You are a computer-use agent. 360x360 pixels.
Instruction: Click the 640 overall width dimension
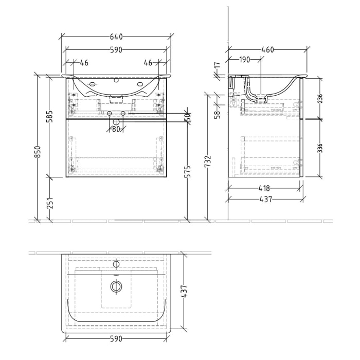tap(116, 37)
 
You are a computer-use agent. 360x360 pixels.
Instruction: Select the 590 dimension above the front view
tap(116, 50)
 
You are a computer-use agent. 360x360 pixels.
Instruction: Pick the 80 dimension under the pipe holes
tap(116, 130)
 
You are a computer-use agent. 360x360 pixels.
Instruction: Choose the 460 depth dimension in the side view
tap(267, 50)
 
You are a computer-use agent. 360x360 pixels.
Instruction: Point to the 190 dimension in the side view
tap(245, 60)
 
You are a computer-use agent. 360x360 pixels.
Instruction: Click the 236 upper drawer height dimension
tap(320, 99)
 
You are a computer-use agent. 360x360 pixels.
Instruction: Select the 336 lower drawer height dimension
tap(320, 148)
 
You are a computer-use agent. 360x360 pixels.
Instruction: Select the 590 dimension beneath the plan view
tap(116, 339)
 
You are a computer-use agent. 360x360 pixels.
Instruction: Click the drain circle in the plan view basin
tap(116, 286)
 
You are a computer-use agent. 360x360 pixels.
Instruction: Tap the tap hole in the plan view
tap(116, 264)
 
